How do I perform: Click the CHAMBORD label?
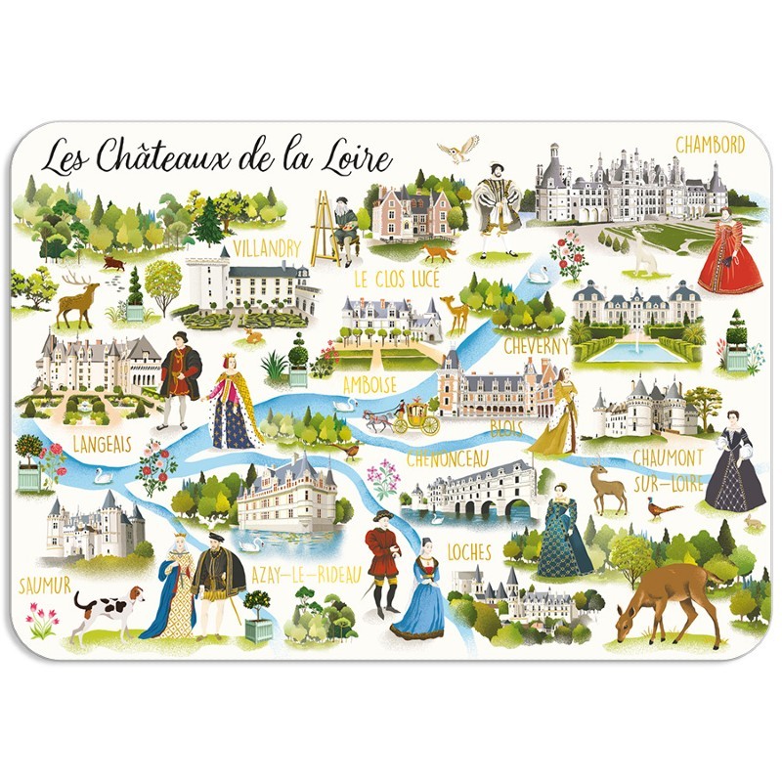point(711,144)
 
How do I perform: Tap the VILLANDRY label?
point(267,247)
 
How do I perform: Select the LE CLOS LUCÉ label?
point(396,280)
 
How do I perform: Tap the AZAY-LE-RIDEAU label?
point(306,572)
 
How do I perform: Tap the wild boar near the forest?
point(114,262)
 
